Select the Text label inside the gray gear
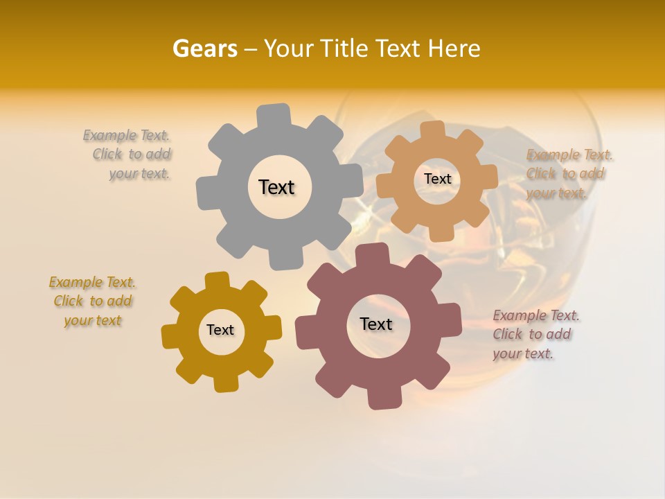[x=276, y=187]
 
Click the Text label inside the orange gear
[x=437, y=179]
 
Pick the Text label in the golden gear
[x=220, y=331]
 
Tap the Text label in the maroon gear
[x=376, y=324]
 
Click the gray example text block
[x=128, y=155]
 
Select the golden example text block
[x=92, y=301]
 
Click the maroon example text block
[x=535, y=335]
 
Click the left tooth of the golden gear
[x=172, y=335]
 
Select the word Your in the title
[x=290, y=49]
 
